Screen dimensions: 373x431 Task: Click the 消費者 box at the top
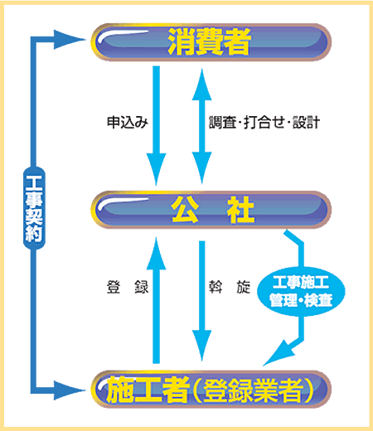click(x=211, y=42)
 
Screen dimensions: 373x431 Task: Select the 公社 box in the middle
click(x=211, y=210)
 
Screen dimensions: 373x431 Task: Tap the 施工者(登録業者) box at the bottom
click(x=211, y=390)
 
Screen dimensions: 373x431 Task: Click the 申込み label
click(x=128, y=123)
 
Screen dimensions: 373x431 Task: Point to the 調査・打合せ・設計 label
click(x=264, y=123)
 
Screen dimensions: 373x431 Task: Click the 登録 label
click(x=128, y=287)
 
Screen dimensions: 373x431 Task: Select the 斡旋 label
click(x=230, y=287)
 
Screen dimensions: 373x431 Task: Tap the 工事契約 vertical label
click(x=34, y=208)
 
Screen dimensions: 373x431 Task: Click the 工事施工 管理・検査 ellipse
click(x=301, y=291)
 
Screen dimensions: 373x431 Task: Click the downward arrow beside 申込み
click(x=157, y=126)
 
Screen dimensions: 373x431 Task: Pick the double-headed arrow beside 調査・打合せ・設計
click(x=202, y=127)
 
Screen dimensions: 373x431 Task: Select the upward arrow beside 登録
click(x=157, y=300)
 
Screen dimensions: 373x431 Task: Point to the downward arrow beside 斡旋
click(x=202, y=301)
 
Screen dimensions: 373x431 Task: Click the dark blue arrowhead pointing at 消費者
click(x=68, y=40)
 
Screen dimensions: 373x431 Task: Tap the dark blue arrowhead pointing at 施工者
click(x=68, y=390)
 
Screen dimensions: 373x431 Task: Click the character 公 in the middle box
click(x=185, y=210)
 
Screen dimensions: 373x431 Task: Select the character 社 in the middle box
click(x=240, y=210)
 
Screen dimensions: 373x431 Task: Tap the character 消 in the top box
click(x=182, y=41)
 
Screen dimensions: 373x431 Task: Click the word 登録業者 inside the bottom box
click(x=253, y=390)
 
